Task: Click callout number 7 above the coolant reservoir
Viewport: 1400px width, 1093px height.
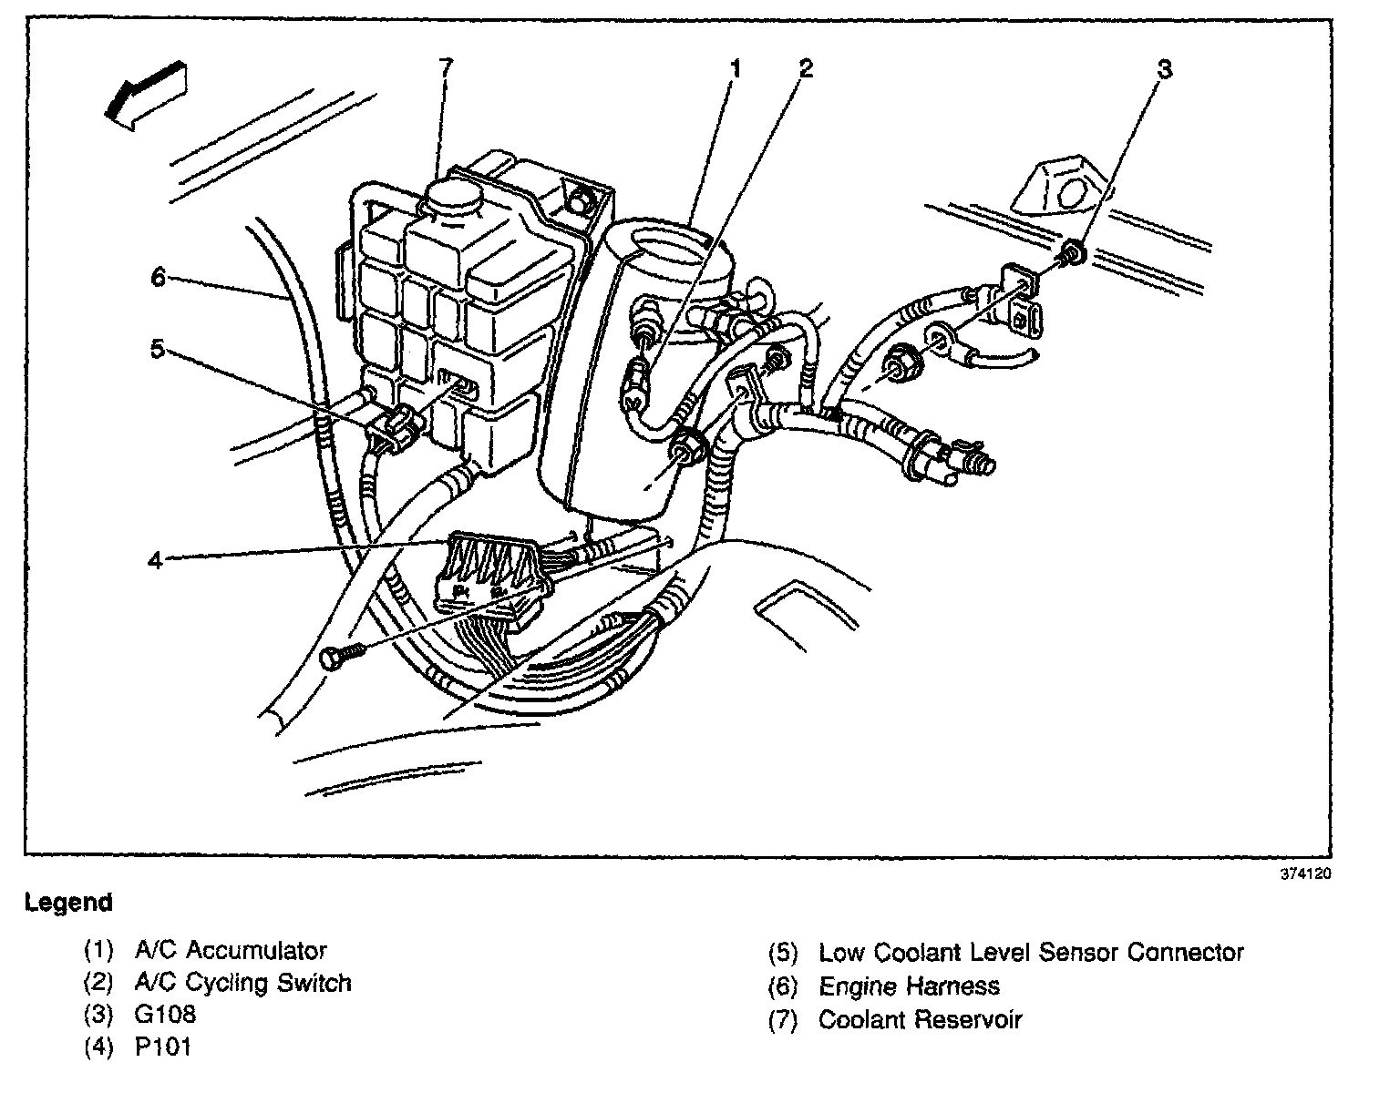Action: pyautogui.click(x=445, y=67)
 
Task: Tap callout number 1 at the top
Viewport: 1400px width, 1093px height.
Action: pyautogui.click(x=735, y=67)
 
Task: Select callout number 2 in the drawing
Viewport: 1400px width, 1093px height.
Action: pyautogui.click(x=805, y=67)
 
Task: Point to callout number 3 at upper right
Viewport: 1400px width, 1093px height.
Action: pyautogui.click(x=1164, y=69)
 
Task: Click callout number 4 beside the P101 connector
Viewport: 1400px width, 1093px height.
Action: pyautogui.click(x=155, y=559)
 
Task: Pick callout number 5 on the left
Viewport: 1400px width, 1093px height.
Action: pyautogui.click(x=158, y=350)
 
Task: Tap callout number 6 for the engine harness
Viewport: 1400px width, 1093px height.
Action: pyautogui.click(x=158, y=276)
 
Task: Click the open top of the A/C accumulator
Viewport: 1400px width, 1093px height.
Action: pyautogui.click(x=671, y=239)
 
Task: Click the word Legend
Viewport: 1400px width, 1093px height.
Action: pyautogui.click(x=69, y=903)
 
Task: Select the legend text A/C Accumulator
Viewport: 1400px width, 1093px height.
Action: pyautogui.click(x=231, y=951)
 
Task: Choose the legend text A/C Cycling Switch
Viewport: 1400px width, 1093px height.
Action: pyautogui.click(x=242, y=983)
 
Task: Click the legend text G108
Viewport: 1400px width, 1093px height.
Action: pyautogui.click(x=165, y=1015)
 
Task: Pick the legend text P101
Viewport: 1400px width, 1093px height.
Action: pyautogui.click(x=163, y=1047)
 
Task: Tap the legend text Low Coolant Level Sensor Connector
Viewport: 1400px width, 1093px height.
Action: pyautogui.click(x=1031, y=953)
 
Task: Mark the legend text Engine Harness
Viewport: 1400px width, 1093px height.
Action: pyautogui.click(x=909, y=986)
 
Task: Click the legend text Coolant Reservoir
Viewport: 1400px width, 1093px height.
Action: pyautogui.click(x=920, y=1019)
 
